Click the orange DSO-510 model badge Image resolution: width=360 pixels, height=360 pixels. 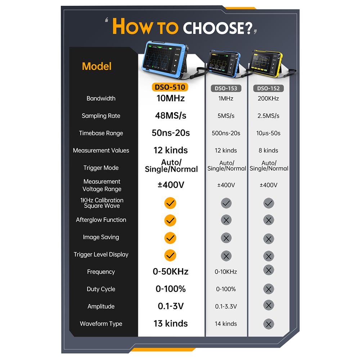tap(170, 87)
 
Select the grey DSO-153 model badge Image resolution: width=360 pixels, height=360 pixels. tap(226, 89)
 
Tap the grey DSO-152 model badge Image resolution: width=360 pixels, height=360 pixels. tap(269, 89)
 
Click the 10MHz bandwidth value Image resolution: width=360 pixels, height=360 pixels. tap(171, 98)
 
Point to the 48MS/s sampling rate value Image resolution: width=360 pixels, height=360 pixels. tap(171, 116)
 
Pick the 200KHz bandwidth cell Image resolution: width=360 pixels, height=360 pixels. tap(268, 99)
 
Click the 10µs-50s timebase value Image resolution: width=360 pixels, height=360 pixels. tap(268, 133)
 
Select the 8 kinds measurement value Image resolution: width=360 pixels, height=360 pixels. tap(268, 150)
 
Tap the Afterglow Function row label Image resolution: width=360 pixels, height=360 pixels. tap(101, 220)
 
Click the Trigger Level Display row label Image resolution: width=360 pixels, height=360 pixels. tap(101, 255)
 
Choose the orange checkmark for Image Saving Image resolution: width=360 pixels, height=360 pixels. tap(170, 238)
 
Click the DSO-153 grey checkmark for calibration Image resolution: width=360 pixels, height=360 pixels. tap(226, 203)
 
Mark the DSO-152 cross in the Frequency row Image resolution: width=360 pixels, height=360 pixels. tap(269, 270)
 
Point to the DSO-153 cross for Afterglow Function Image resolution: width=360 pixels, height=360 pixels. tap(226, 220)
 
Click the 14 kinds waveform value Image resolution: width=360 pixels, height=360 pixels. tap(226, 324)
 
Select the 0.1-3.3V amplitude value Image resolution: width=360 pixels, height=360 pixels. tap(226, 306)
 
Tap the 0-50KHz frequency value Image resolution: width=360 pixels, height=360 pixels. tap(171, 271)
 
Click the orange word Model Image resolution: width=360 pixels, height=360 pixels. tap(96, 66)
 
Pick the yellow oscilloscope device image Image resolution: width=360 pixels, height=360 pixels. tap(266, 64)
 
